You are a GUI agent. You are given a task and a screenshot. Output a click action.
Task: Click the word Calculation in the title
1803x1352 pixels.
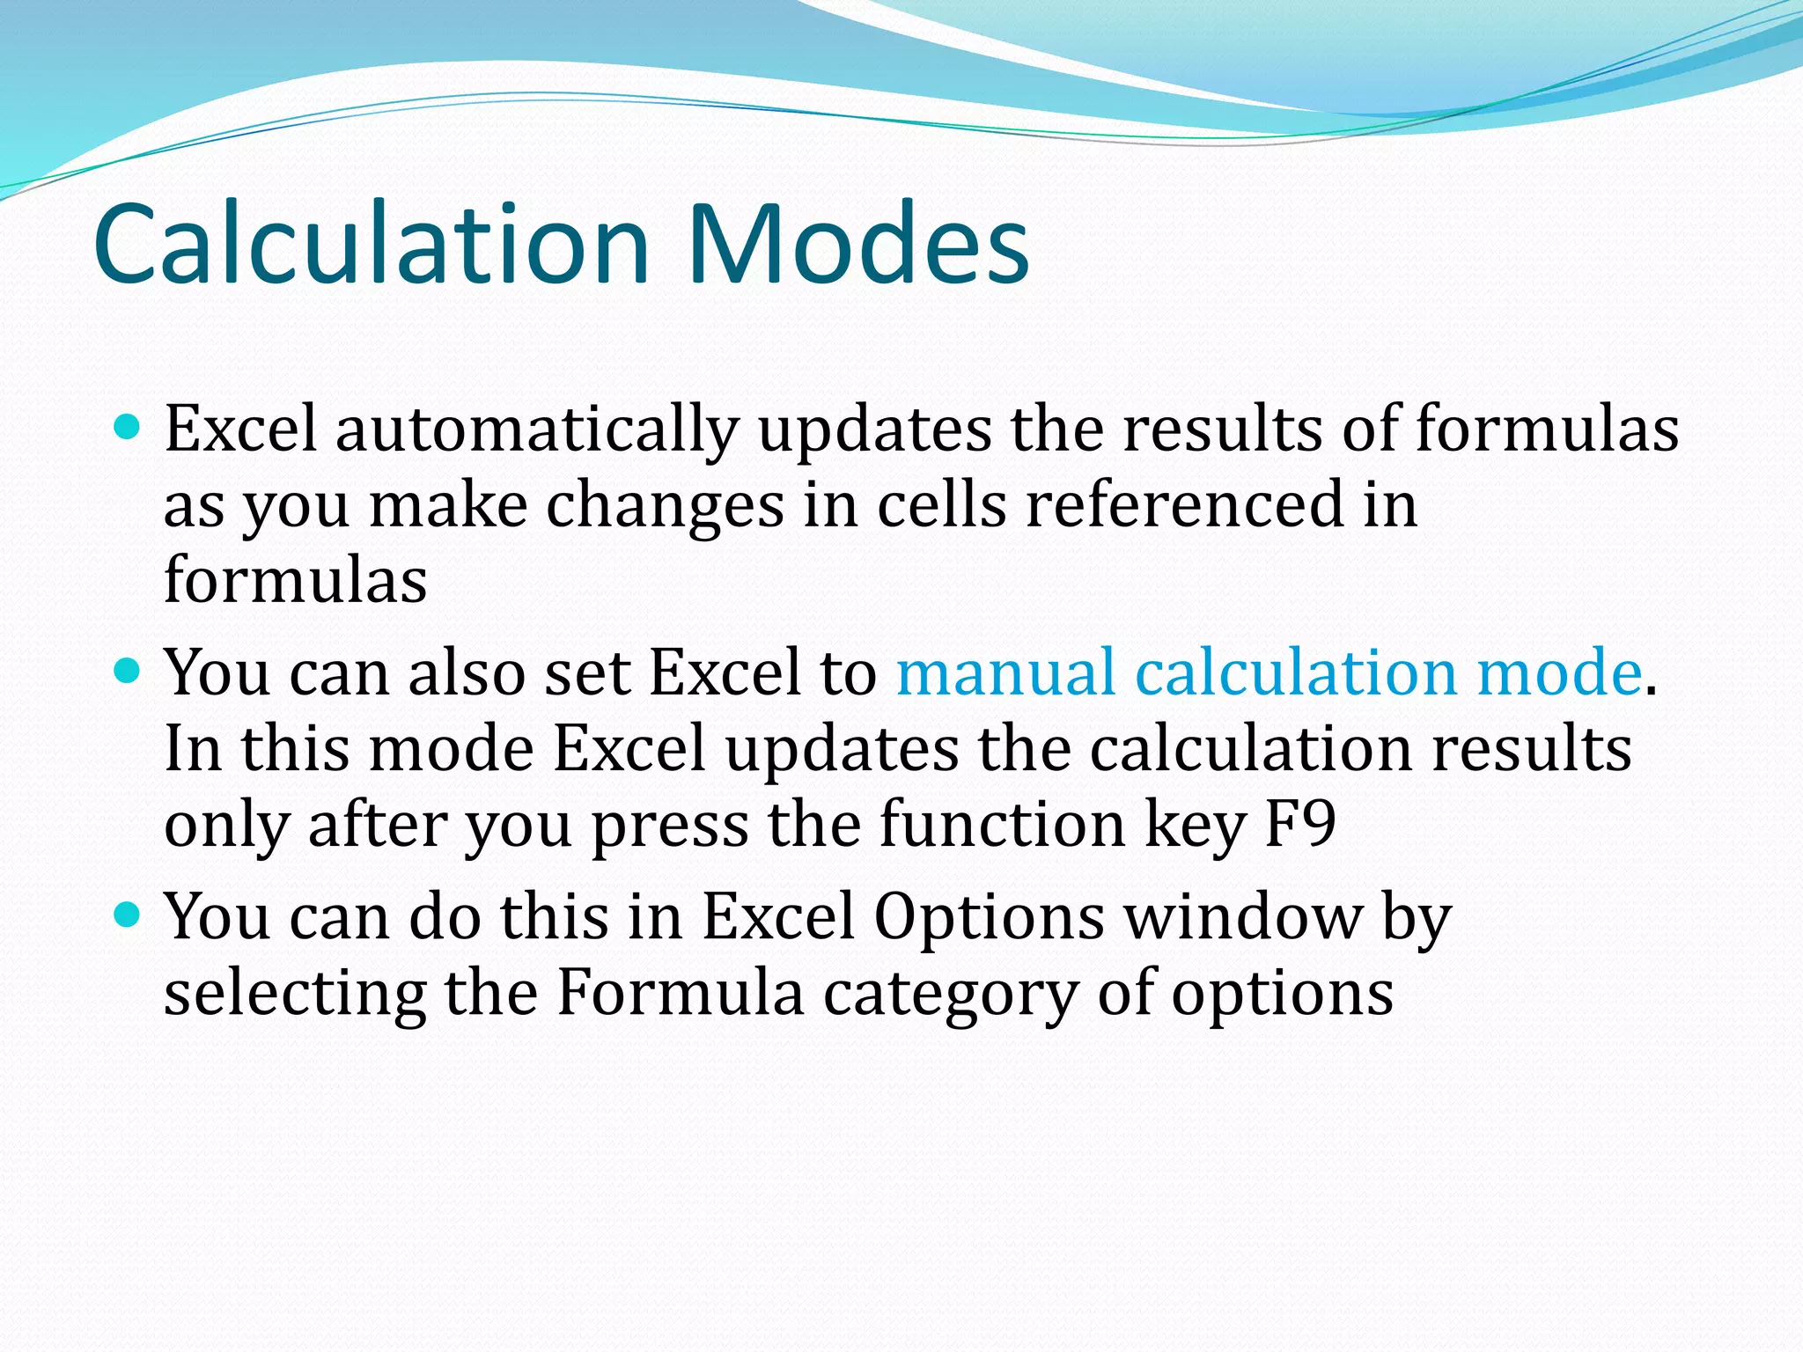370,244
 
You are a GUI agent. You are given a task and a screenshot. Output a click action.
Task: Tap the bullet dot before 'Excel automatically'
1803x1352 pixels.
129,429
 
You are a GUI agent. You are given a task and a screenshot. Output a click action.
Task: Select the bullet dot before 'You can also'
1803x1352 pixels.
129,672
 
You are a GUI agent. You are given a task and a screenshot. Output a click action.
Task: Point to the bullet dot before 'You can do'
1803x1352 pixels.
129,916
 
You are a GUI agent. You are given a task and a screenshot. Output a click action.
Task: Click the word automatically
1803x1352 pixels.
536,430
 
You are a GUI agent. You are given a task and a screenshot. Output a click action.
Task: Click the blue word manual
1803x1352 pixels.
1005,673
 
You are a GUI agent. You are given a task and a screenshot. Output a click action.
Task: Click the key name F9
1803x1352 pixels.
1299,825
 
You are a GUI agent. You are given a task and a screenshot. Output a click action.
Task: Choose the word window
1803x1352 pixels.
1243,918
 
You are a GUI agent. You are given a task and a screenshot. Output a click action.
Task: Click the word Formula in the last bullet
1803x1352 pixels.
680,994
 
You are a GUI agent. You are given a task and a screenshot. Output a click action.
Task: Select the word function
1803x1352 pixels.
1002,825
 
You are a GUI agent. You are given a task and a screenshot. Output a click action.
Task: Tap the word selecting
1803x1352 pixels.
294,996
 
